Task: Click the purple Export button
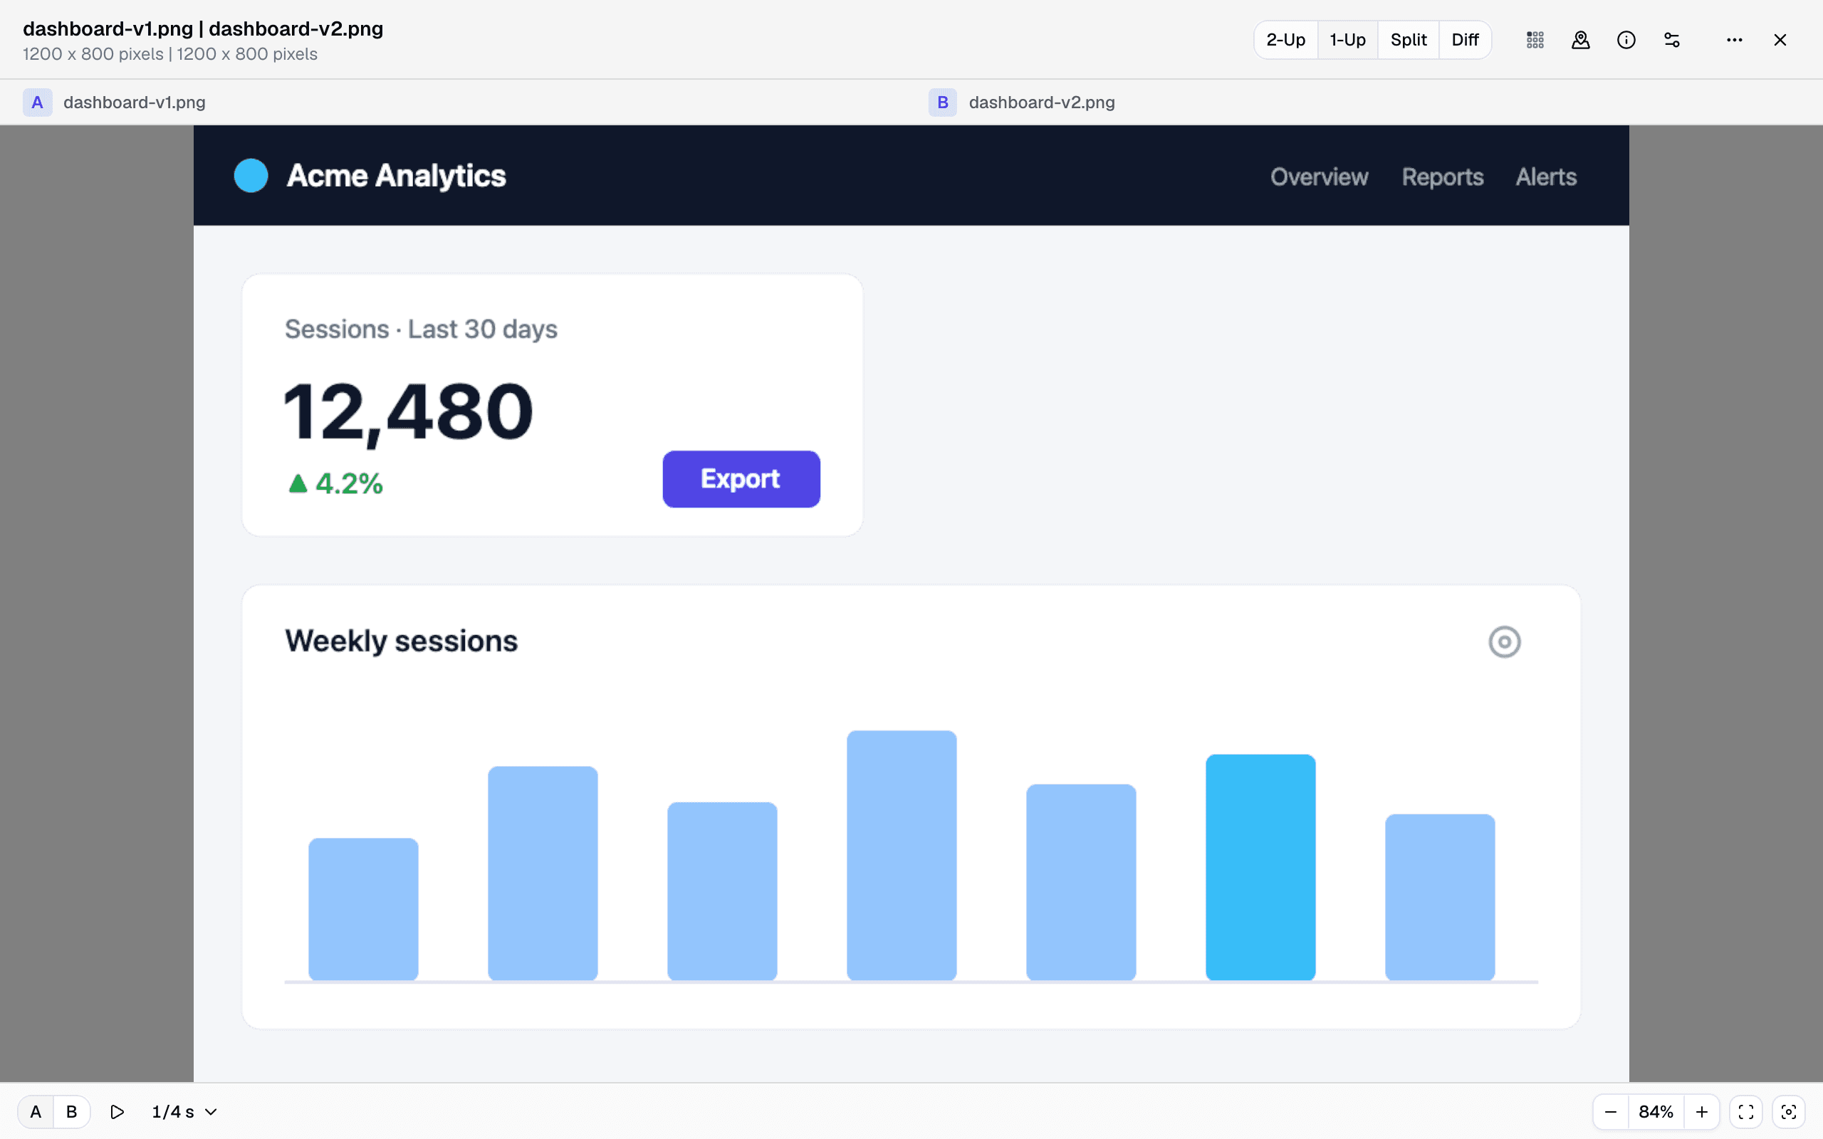point(741,479)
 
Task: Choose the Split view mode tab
point(1408,40)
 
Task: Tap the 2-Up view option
point(1285,40)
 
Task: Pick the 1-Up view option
point(1347,40)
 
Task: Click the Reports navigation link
point(1443,177)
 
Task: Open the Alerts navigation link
point(1546,177)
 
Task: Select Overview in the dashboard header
point(1319,177)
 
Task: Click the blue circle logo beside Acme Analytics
point(251,176)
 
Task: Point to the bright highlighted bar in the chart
point(1260,867)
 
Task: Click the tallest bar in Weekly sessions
point(902,855)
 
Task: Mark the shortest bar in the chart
point(363,909)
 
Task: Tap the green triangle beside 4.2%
point(298,483)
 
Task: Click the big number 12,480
point(407,413)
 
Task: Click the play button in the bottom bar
point(117,1112)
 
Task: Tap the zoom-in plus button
point(1702,1112)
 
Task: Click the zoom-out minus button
point(1611,1112)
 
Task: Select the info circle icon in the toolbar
point(1626,40)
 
